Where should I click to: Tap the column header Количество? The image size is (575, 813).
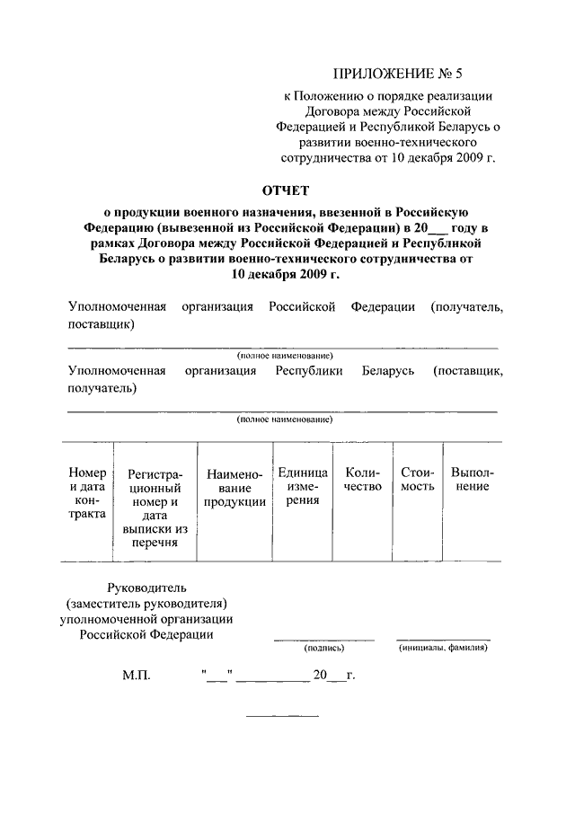click(x=363, y=480)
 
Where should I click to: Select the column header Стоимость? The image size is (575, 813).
click(x=418, y=480)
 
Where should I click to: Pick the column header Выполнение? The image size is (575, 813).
click(x=472, y=480)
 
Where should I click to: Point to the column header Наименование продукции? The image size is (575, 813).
click(x=234, y=487)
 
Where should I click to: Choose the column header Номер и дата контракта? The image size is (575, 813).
click(x=87, y=493)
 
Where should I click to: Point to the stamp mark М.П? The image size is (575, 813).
click(x=137, y=674)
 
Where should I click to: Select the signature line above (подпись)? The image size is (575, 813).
click(x=324, y=640)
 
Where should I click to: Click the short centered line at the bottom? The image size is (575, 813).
click(x=282, y=715)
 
